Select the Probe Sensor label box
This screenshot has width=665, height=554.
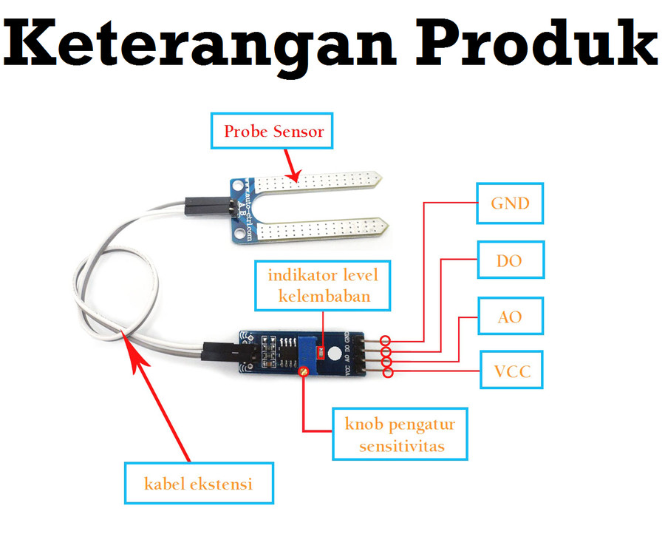click(272, 131)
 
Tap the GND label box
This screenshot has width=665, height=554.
click(510, 203)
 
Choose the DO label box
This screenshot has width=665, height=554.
click(511, 260)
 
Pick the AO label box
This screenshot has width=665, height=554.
click(511, 317)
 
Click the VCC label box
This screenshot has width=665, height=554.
click(511, 370)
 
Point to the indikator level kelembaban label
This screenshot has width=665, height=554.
click(322, 286)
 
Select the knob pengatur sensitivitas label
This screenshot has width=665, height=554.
click(400, 434)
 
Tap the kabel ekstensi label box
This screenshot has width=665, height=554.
click(199, 484)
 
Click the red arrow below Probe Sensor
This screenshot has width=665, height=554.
click(292, 166)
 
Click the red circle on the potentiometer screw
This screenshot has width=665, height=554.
click(303, 371)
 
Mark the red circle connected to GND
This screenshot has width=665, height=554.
click(385, 340)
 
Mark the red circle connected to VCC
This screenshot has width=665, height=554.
click(388, 373)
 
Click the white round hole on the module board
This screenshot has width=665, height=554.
click(335, 354)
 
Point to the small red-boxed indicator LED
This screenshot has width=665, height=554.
click(321, 352)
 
